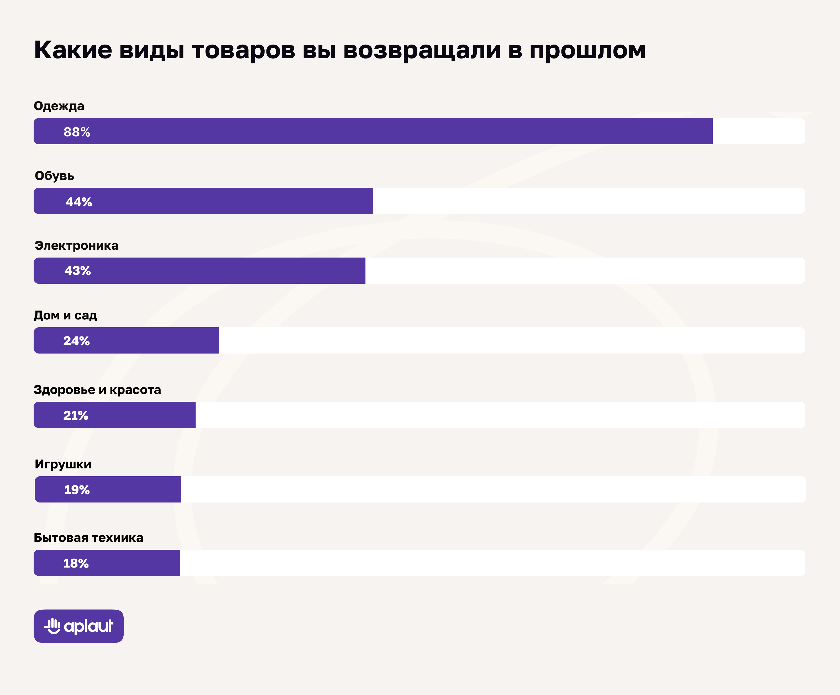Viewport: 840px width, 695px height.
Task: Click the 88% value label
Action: click(77, 132)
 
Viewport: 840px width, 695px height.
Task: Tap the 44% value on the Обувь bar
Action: click(79, 202)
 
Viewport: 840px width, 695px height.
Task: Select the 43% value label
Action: click(78, 271)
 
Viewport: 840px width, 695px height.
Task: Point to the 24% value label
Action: click(76, 341)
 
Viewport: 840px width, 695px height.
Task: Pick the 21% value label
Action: click(76, 415)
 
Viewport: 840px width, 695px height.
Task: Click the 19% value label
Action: click(77, 490)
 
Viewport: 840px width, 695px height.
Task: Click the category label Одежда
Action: click(59, 106)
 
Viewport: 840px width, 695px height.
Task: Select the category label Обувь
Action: click(54, 176)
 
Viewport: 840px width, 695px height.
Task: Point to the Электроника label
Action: click(76, 245)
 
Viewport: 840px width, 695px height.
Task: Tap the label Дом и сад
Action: click(65, 315)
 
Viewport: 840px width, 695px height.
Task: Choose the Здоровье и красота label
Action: click(97, 390)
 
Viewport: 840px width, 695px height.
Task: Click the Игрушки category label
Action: click(63, 464)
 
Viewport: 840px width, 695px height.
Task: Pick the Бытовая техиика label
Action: click(88, 538)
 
